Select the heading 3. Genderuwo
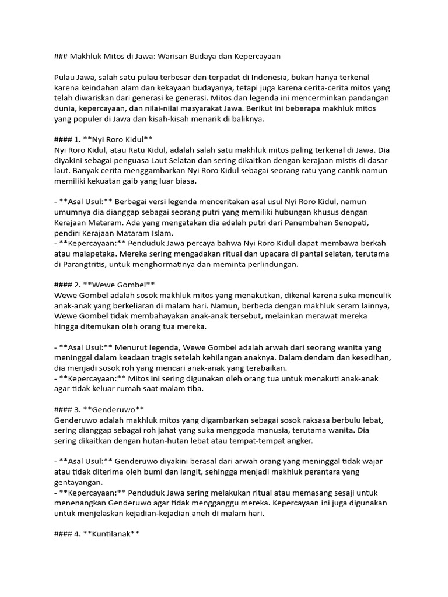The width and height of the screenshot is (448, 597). click(99, 409)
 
